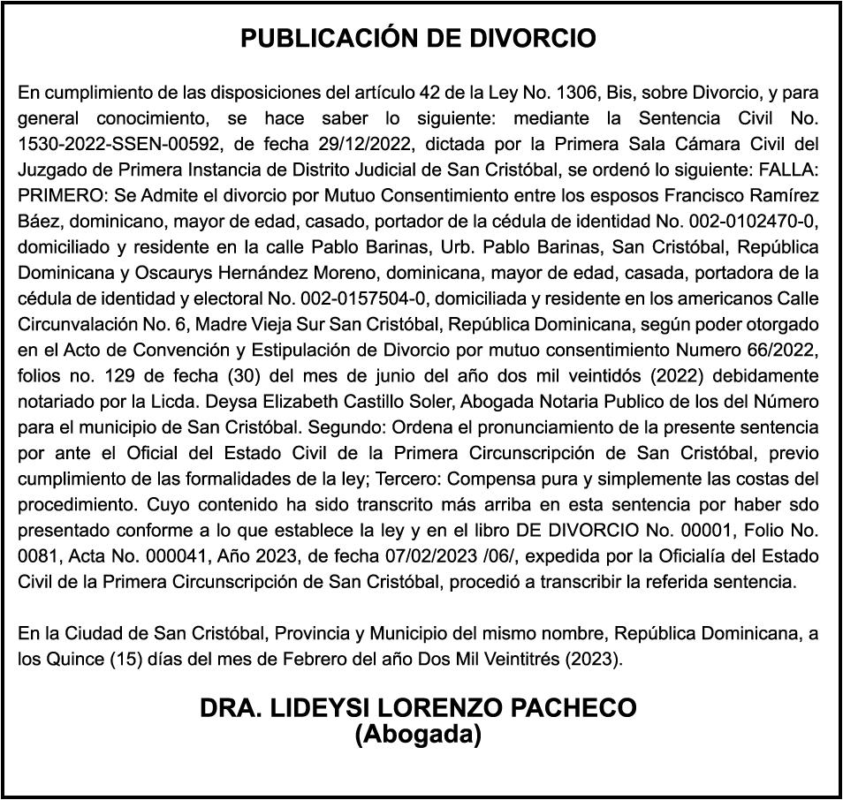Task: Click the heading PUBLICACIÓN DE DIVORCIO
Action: pyautogui.click(x=419, y=39)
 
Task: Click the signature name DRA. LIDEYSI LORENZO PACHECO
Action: pyautogui.click(x=418, y=708)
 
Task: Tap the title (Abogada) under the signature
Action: pyautogui.click(x=418, y=734)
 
